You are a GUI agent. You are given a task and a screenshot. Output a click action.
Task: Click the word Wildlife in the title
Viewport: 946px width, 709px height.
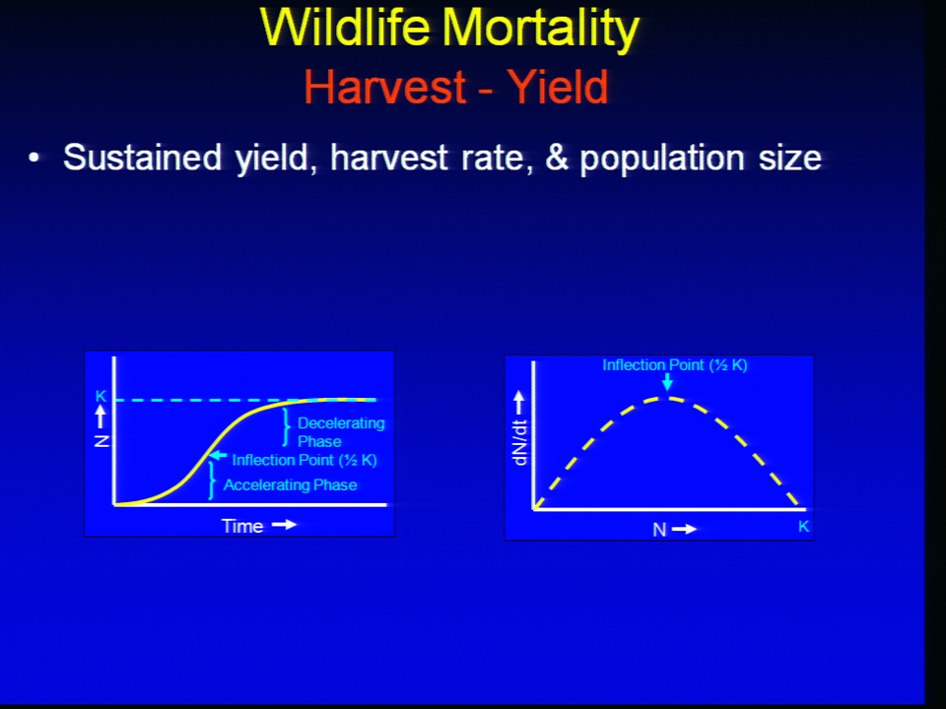(345, 28)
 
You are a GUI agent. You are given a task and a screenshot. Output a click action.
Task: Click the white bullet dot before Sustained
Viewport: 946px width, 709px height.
(34, 158)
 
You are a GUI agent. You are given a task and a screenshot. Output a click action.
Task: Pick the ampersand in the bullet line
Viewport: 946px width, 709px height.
(556, 158)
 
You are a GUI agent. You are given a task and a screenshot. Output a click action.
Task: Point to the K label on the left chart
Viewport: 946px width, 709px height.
(101, 396)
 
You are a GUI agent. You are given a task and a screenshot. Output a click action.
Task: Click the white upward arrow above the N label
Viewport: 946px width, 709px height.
(101, 417)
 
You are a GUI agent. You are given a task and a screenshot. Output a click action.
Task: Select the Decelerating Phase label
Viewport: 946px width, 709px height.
(341, 431)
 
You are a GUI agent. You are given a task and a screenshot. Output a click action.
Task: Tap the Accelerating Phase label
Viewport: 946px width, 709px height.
(290, 484)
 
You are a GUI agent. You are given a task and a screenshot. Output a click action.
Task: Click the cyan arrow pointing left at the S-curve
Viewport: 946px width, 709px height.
(218, 456)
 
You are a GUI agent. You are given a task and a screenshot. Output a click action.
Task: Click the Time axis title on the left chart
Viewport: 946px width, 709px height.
(242, 526)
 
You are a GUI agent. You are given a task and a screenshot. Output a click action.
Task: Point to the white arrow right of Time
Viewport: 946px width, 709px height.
(284, 525)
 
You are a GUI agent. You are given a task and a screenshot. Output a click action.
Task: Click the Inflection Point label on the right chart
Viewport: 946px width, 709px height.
(674, 365)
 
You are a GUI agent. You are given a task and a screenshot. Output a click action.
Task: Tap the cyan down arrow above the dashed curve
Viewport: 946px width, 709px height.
(667, 382)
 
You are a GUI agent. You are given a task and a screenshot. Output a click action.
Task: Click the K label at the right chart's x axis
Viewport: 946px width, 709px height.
(804, 526)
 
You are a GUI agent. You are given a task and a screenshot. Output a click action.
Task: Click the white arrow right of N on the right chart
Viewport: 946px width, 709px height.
(684, 530)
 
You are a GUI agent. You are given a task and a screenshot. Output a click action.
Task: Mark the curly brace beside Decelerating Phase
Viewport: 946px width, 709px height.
(286, 427)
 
